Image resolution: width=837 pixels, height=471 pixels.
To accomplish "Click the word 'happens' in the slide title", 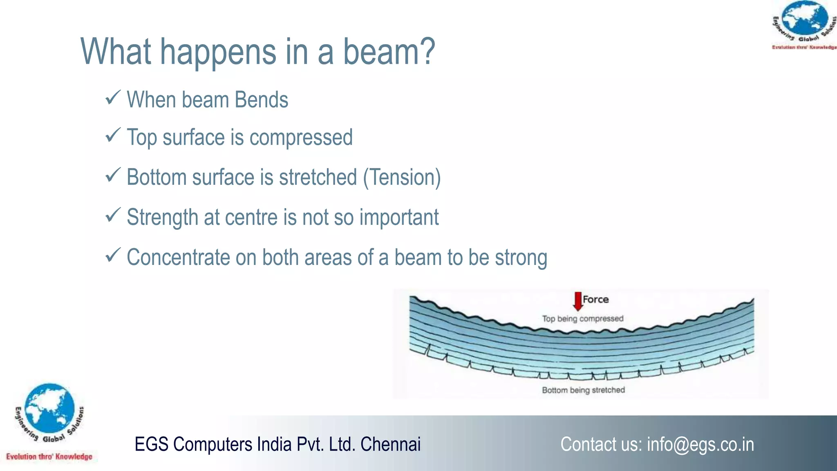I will click(x=218, y=52).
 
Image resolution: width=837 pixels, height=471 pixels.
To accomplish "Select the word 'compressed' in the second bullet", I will click(x=301, y=137).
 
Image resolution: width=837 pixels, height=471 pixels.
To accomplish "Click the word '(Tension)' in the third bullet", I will click(x=402, y=177).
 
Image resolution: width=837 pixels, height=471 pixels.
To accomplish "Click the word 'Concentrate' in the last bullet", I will click(x=178, y=258).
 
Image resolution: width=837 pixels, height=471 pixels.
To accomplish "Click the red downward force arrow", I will click(x=577, y=301).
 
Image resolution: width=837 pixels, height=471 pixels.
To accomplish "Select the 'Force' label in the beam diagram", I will click(x=595, y=299).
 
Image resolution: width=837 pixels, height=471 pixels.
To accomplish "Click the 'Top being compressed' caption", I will click(x=582, y=318).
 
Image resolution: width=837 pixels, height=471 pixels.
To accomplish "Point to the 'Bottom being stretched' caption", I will click(x=583, y=390).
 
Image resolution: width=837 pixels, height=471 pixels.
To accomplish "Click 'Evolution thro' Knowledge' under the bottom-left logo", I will click(x=49, y=457).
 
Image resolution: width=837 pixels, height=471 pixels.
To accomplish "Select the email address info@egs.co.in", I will click(x=700, y=444).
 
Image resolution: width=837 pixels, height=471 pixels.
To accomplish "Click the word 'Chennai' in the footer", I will click(x=390, y=444).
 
